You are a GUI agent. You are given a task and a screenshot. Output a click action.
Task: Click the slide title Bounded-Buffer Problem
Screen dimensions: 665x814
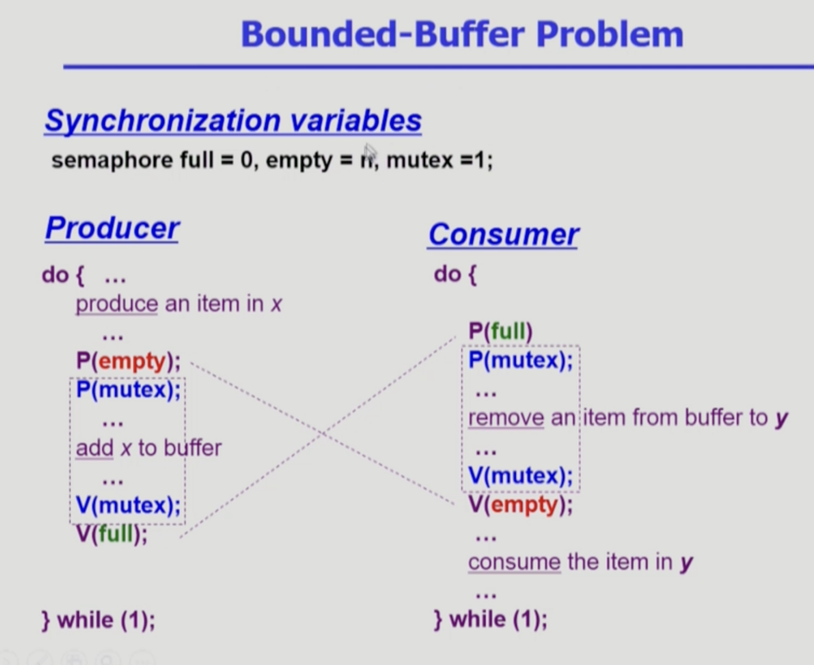(x=462, y=34)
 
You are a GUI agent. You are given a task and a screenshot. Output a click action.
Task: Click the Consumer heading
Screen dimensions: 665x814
(x=503, y=234)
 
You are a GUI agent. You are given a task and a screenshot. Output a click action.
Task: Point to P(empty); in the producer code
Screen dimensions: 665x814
(x=128, y=361)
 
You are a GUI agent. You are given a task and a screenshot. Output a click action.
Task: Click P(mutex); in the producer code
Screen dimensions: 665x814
(x=128, y=390)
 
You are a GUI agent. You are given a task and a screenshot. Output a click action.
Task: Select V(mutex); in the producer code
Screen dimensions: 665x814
(x=128, y=505)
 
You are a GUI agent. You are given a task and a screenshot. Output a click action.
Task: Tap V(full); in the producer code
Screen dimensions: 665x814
(x=112, y=534)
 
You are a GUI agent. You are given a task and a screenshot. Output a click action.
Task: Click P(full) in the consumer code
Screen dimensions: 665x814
(x=500, y=331)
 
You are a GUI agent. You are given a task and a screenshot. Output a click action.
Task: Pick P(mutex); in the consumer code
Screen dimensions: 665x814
(x=521, y=360)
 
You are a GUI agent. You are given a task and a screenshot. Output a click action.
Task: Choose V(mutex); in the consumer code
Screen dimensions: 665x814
(x=521, y=476)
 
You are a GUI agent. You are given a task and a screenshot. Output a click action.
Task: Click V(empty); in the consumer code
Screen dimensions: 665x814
(x=521, y=504)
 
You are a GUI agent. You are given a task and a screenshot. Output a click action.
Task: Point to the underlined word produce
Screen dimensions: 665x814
(x=116, y=304)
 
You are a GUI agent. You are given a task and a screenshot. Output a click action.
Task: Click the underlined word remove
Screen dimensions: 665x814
(x=506, y=418)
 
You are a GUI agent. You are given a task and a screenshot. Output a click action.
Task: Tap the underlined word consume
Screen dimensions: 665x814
(x=514, y=562)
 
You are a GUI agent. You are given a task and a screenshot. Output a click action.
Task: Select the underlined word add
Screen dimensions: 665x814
(x=94, y=448)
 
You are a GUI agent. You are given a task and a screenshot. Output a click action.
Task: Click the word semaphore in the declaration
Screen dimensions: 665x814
(x=112, y=160)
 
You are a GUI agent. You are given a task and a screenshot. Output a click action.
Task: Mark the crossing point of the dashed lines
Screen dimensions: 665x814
(x=323, y=434)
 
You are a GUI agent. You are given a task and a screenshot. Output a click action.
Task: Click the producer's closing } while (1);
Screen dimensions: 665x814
(x=98, y=620)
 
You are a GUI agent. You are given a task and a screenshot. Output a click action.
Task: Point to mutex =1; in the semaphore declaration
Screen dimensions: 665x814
(x=439, y=160)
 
